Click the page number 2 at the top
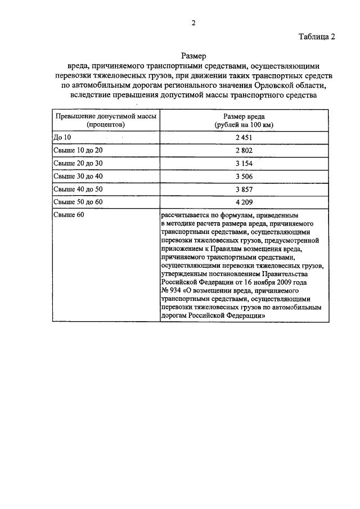(x=193, y=23)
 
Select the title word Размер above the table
(x=193, y=56)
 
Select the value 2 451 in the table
(x=244, y=138)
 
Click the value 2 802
(x=244, y=151)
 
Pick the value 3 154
(x=244, y=164)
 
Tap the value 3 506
(x=244, y=177)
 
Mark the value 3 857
(x=244, y=190)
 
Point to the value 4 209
(x=244, y=202)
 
